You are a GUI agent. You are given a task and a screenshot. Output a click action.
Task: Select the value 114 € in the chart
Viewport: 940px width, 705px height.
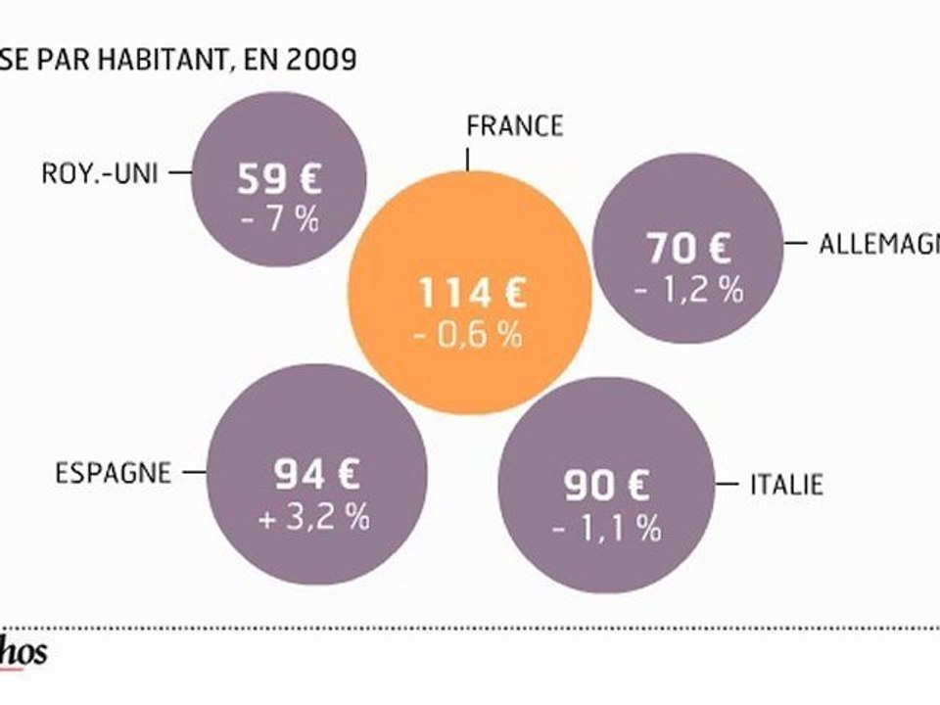coord(470,293)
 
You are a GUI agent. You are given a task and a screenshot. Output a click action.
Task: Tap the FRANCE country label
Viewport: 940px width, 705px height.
coord(514,126)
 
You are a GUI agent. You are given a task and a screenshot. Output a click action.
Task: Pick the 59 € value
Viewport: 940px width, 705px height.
coord(278,179)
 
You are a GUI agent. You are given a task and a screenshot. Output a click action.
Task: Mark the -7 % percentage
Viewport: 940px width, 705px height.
coord(280,219)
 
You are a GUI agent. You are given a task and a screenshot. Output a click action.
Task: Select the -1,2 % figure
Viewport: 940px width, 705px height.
coord(688,291)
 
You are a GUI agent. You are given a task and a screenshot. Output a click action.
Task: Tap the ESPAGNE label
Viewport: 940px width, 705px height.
coord(112,474)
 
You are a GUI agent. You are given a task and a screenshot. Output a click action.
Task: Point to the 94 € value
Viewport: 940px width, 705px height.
coord(316,476)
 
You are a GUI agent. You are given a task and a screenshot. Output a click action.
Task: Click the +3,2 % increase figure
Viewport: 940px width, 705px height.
coord(314,518)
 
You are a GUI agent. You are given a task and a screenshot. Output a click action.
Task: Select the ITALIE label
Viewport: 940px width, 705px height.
coord(786,484)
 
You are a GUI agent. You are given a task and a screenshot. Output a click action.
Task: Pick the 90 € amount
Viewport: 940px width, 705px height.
coord(606,487)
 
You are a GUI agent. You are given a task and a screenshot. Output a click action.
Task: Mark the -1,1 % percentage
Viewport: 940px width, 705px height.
coord(606,529)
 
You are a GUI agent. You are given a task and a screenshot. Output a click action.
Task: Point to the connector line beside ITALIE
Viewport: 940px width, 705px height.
coord(728,484)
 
